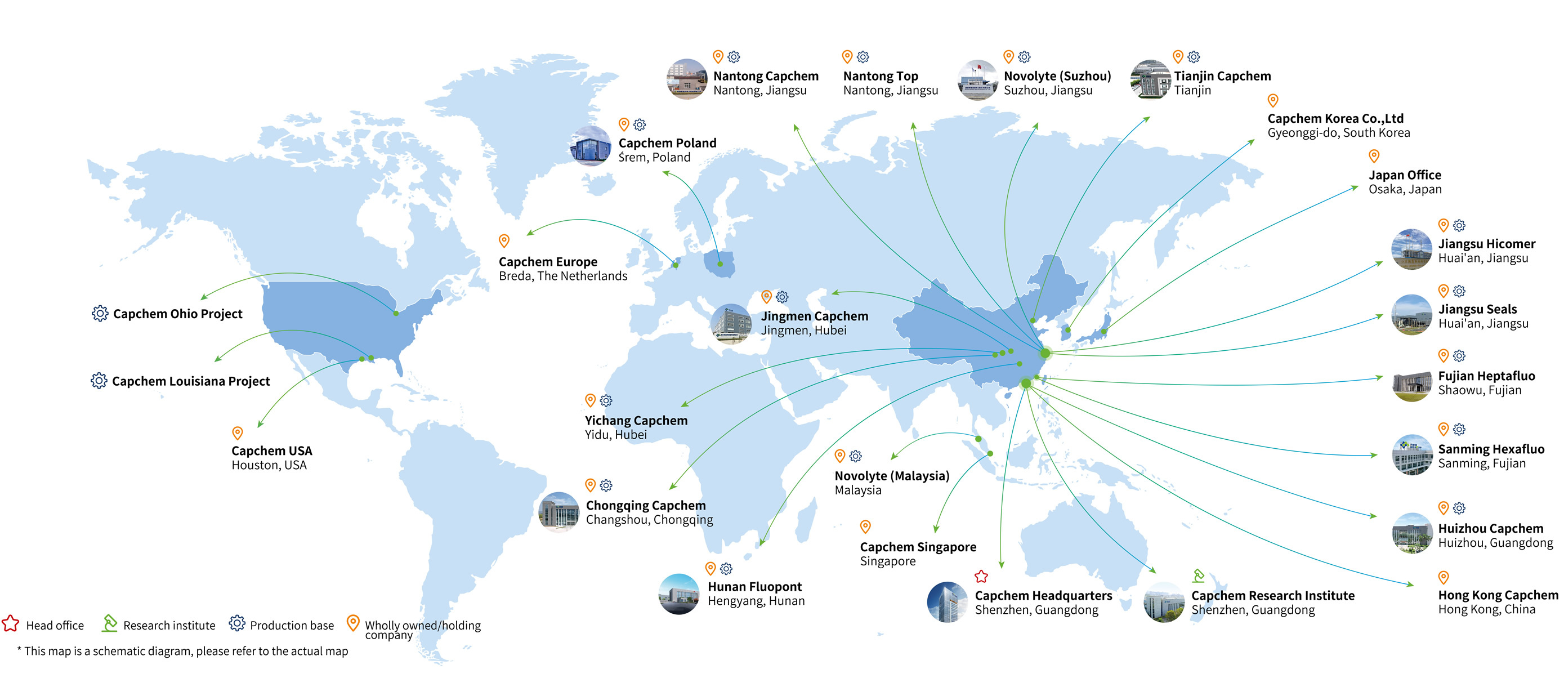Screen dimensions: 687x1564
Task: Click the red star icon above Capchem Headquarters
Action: (981, 577)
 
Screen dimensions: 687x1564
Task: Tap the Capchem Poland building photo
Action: (590, 146)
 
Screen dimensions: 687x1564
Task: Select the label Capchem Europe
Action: (548, 262)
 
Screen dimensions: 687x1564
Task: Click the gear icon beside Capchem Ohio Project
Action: (100, 314)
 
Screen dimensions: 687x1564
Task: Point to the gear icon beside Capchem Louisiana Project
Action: (99, 381)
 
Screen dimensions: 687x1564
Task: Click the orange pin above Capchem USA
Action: (238, 433)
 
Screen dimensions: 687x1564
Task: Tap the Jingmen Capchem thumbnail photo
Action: (731, 324)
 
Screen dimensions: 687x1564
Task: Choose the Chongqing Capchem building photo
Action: (558, 512)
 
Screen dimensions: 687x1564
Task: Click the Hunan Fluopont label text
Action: (754, 587)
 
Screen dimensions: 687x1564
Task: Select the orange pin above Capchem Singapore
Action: (866, 527)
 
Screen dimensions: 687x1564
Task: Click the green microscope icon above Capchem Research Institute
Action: (1198, 576)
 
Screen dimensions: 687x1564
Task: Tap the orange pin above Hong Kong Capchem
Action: (1444, 577)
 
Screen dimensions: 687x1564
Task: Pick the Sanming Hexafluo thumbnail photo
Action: (1412, 455)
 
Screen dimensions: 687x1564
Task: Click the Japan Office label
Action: (1404, 175)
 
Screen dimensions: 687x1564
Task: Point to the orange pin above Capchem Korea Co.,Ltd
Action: (1273, 100)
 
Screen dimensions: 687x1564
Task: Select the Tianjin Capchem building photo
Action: (1150, 79)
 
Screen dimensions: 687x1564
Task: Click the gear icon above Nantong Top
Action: (863, 57)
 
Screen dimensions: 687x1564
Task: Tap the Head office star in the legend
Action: (10, 624)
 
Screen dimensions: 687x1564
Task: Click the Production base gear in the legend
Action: (237, 623)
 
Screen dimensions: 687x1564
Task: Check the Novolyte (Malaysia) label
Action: (891, 476)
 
